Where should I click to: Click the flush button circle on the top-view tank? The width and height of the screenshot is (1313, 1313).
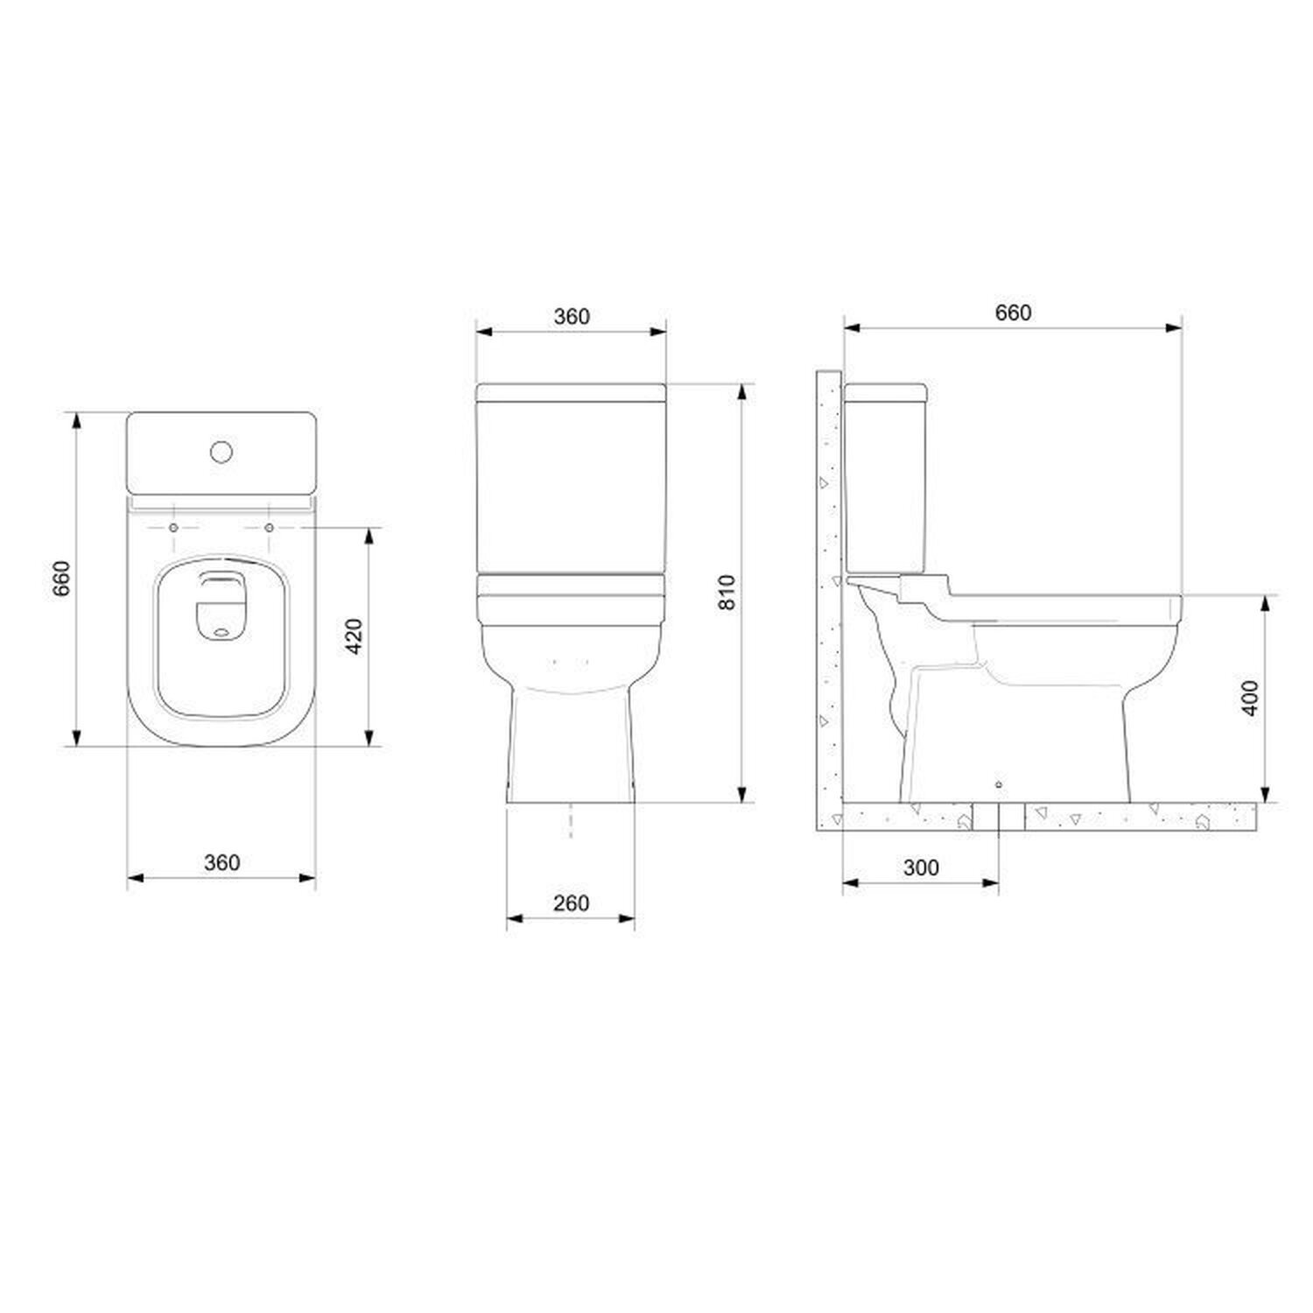click(221, 452)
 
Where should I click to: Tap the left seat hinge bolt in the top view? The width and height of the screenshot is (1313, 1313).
click(173, 528)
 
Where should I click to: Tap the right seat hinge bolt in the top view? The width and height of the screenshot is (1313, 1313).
click(269, 528)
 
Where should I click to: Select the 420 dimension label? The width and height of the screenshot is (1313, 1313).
click(355, 636)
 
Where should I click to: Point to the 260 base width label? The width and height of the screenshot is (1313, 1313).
click(571, 902)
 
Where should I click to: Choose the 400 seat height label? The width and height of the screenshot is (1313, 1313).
click(1251, 698)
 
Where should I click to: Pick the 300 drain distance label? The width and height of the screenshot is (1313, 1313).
click(920, 867)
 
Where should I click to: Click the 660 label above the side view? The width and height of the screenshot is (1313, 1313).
click(1013, 312)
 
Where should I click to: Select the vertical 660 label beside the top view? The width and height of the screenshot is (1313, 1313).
click(61, 579)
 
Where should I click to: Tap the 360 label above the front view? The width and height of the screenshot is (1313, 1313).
click(572, 316)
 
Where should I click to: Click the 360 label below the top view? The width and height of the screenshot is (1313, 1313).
click(221, 862)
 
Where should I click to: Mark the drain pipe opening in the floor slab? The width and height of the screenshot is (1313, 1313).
click(999, 817)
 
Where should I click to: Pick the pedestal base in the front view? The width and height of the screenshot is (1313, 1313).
click(571, 744)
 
